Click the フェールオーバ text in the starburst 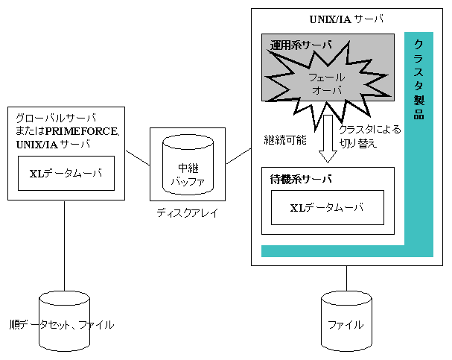pyautogui.click(x=325, y=83)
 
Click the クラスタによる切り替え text pyautogui.click(x=369, y=136)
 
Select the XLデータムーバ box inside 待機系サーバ pyautogui.click(x=327, y=207)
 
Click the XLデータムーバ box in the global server pyautogui.click(x=66, y=173)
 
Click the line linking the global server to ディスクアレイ pyautogui.click(x=137, y=158)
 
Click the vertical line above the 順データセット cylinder pyautogui.click(x=64, y=246)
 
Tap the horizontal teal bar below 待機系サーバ pyautogui.click(x=335, y=250)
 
